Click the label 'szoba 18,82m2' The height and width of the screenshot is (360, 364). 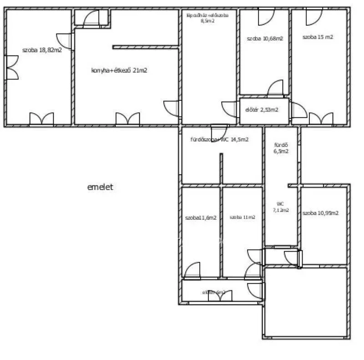(42, 51)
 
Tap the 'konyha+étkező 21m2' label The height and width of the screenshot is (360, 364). (119, 70)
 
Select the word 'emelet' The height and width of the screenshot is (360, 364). (100, 187)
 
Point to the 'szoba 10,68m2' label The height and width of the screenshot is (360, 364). (265, 39)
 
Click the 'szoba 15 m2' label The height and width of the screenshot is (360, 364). (318, 37)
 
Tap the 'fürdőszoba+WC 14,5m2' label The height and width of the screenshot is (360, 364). (219, 140)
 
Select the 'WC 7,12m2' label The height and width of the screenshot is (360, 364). (281, 207)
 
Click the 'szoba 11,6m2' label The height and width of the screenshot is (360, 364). (201, 218)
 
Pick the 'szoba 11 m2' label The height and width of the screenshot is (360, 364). (243, 218)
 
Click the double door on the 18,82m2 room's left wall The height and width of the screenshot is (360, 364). (12, 67)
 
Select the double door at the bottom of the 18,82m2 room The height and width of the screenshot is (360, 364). (41, 119)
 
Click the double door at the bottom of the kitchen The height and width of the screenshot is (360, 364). (127, 119)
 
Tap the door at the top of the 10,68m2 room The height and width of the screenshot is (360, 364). (265, 17)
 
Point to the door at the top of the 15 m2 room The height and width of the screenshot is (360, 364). (313, 17)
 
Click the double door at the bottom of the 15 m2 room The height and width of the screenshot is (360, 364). (321, 119)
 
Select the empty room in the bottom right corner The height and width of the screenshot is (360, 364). (306, 303)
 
